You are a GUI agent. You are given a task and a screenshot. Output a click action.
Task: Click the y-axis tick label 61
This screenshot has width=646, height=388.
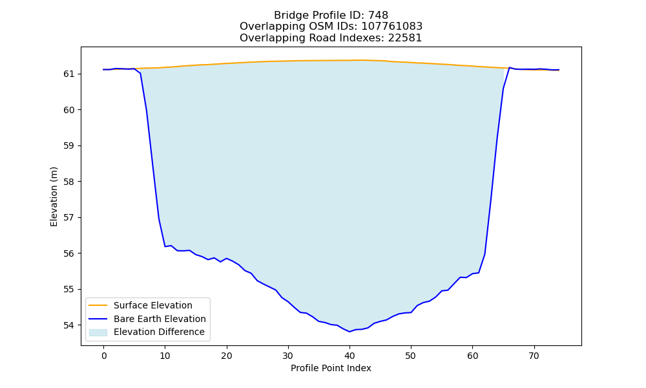[x=70, y=74]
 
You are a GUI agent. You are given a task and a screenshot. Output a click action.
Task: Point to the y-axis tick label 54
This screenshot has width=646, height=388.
[x=70, y=325]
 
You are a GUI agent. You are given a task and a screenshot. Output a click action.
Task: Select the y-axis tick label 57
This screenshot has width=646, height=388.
[x=70, y=218]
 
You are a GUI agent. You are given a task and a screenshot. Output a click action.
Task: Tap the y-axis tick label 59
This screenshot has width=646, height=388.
[x=70, y=146]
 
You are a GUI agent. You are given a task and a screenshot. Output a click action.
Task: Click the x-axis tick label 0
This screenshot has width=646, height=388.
[x=104, y=356]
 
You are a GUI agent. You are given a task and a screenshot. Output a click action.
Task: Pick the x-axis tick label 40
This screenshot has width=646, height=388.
[x=349, y=356]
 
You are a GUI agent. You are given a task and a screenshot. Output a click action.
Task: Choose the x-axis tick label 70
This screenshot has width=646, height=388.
[x=534, y=356]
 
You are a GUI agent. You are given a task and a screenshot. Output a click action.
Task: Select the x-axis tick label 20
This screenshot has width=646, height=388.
[x=227, y=356]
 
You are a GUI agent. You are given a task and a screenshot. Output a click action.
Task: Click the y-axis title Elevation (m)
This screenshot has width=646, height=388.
[x=54, y=197]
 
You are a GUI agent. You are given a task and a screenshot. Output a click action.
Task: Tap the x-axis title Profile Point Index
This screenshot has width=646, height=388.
[x=331, y=368]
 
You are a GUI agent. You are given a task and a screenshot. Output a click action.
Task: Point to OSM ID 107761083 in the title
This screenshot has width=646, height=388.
[x=392, y=27]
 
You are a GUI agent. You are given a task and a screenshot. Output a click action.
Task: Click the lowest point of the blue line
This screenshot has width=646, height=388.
[x=349, y=332]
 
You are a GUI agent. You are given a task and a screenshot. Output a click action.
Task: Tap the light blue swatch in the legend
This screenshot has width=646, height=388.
[x=98, y=332]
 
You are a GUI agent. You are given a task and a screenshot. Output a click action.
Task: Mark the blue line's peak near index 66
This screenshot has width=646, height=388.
[x=509, y=68]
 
